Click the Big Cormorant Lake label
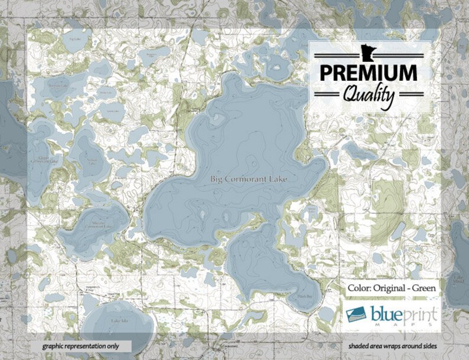243,178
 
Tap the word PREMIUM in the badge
368,73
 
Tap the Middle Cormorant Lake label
95,224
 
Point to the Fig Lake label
74,39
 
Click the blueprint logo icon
357,313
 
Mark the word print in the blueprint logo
419,312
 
